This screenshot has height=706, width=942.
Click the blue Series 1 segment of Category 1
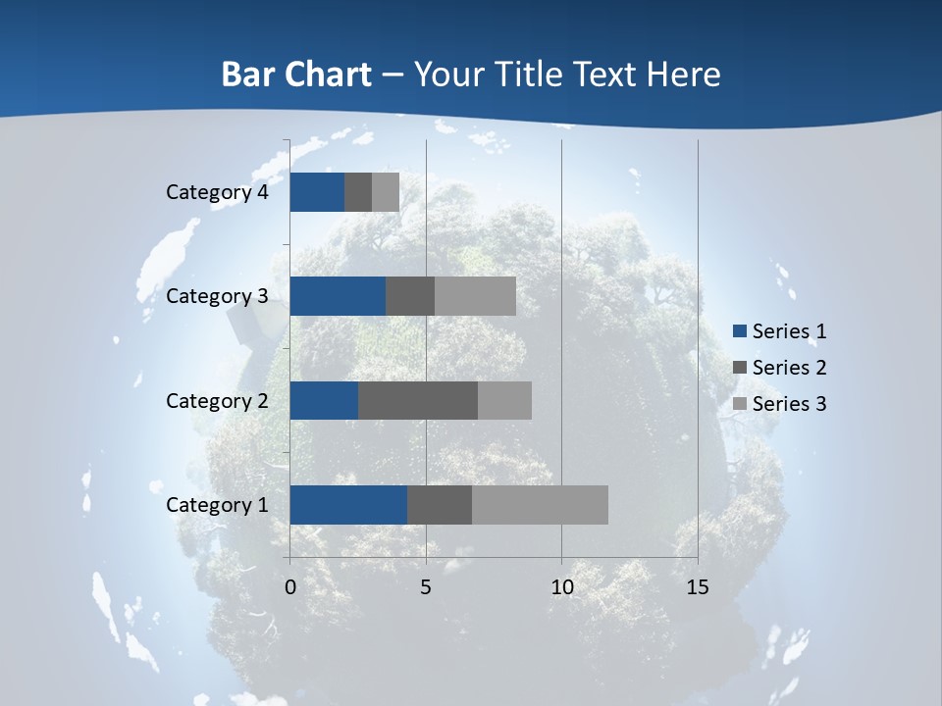click(x=348, y=505)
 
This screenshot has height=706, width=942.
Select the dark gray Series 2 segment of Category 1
click(x=440, y=505)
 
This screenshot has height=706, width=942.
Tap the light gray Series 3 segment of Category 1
click(x=540, y=505)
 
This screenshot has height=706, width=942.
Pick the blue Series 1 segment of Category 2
click(x=324, y=400)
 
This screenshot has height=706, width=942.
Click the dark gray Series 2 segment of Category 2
click(x=418, y=400)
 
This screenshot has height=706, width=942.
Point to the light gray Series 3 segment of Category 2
click(x=504, y=400)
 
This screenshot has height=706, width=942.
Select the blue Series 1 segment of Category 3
click(x=338, y=296)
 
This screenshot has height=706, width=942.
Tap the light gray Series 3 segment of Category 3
click(x=475, y=296)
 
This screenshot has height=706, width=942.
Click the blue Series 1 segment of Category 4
click(x=317, y=192)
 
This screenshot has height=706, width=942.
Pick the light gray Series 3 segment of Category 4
click(x=386, y=192)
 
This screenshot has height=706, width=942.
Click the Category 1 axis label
click(x=217, y=505)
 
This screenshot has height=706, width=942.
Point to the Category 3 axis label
click(x=217, y=296)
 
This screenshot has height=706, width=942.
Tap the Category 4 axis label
click(x=217, y=192)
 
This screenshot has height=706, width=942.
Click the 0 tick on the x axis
click(x=290, y=587)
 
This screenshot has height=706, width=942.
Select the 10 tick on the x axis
click(x=561, y=587)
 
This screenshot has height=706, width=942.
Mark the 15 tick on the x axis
click(x=697, y=587)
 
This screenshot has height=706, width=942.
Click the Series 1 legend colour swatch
click(x=741, y=331)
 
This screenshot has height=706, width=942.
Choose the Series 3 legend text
click(x=789, y=404)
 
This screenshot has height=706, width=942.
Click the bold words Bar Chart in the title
click(x=296, y=75)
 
